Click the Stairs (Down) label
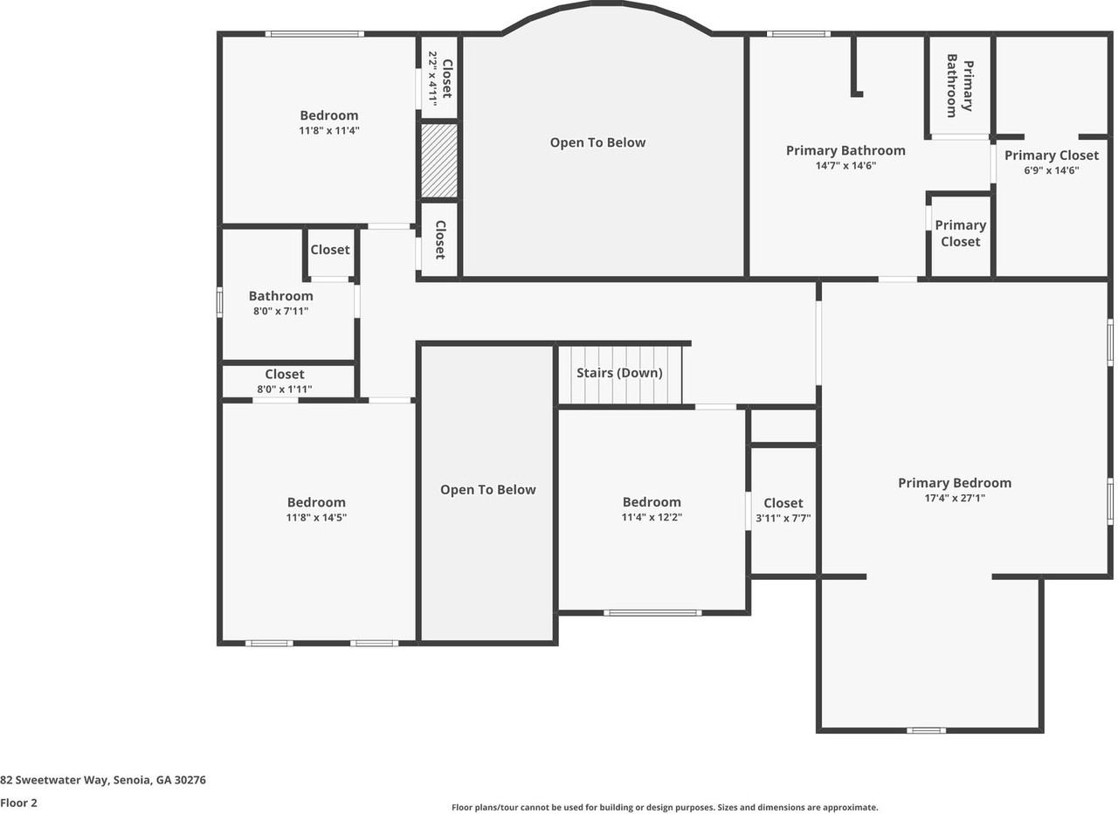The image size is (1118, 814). pos(619,373)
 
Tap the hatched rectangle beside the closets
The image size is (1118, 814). pos(439,160)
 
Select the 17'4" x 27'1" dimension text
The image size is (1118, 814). pos(954,498)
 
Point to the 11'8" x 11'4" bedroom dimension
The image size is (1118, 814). pos(329,130)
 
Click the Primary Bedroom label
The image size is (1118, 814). pos(955,483)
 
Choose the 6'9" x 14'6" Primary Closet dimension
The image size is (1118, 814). pos(1052,170)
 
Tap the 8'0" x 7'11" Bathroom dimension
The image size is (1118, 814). pos(280,311)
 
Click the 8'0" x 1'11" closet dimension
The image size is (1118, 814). pos(285,390)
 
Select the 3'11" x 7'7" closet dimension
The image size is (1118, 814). pos(783,518)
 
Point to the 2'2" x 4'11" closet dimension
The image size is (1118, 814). pos(432,79)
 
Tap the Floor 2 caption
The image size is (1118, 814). pos(19,803)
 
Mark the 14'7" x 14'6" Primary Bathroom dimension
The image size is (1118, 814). pos(845,165)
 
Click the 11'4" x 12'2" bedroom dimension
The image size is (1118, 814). pos(652,517)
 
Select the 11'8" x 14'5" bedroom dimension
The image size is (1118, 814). pos(316,517)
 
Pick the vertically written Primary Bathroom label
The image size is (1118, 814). pos(959,86)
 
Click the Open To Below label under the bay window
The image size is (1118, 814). pos(597,142)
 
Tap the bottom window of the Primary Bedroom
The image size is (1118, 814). pos(926,730)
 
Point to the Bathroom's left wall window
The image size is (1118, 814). pos(219,302)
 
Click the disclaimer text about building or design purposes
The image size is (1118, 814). pos(665,808)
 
